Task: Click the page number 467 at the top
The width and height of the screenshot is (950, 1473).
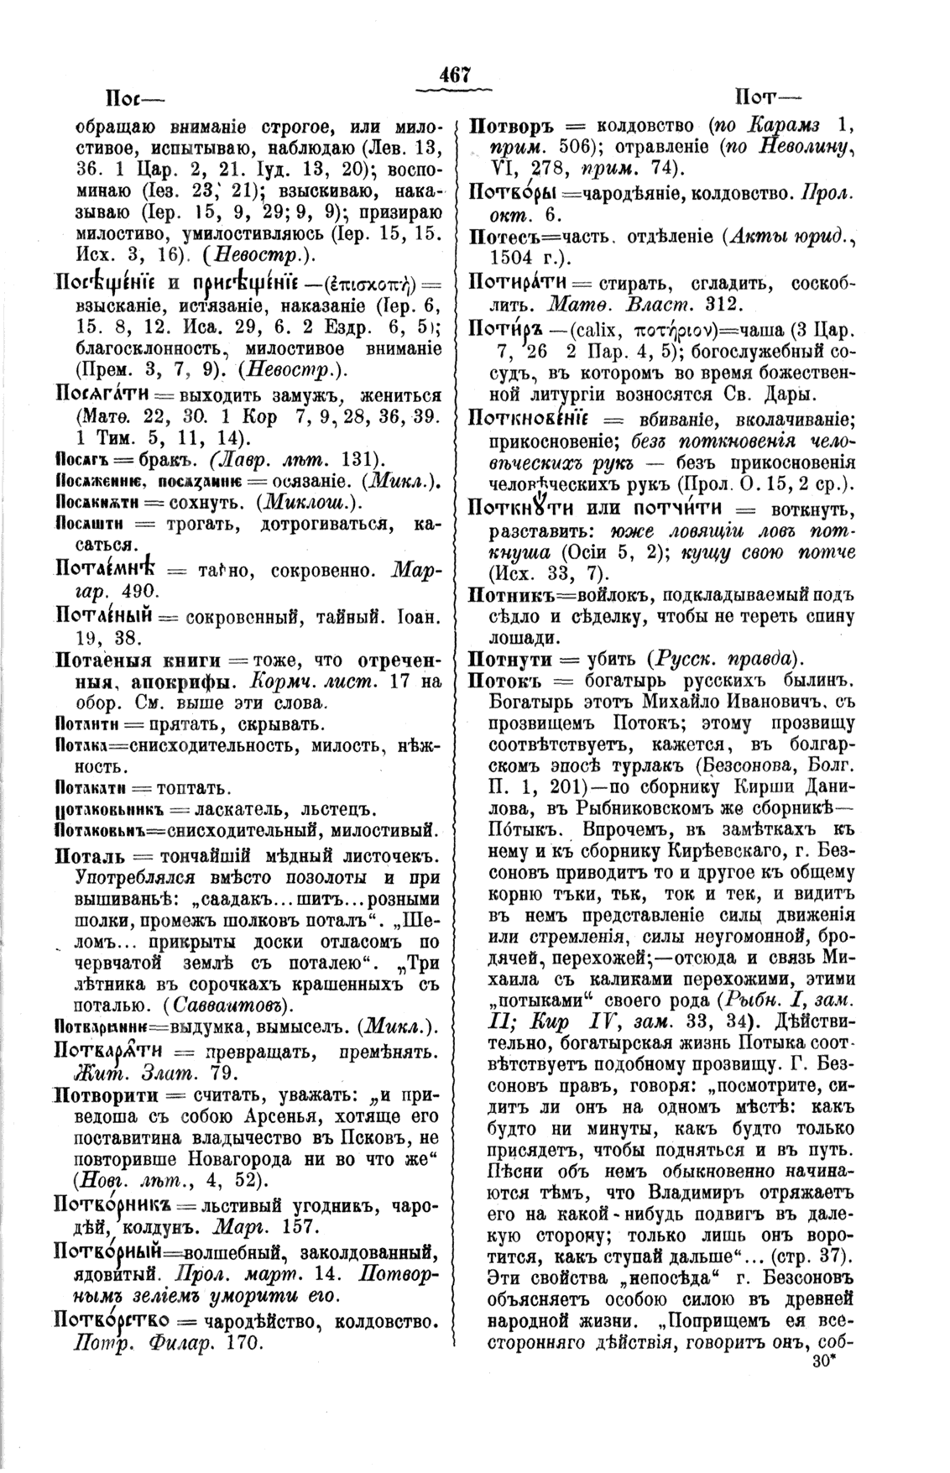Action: tap(454, 76)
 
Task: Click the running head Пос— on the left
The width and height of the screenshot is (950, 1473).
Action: tap(127, 96)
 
